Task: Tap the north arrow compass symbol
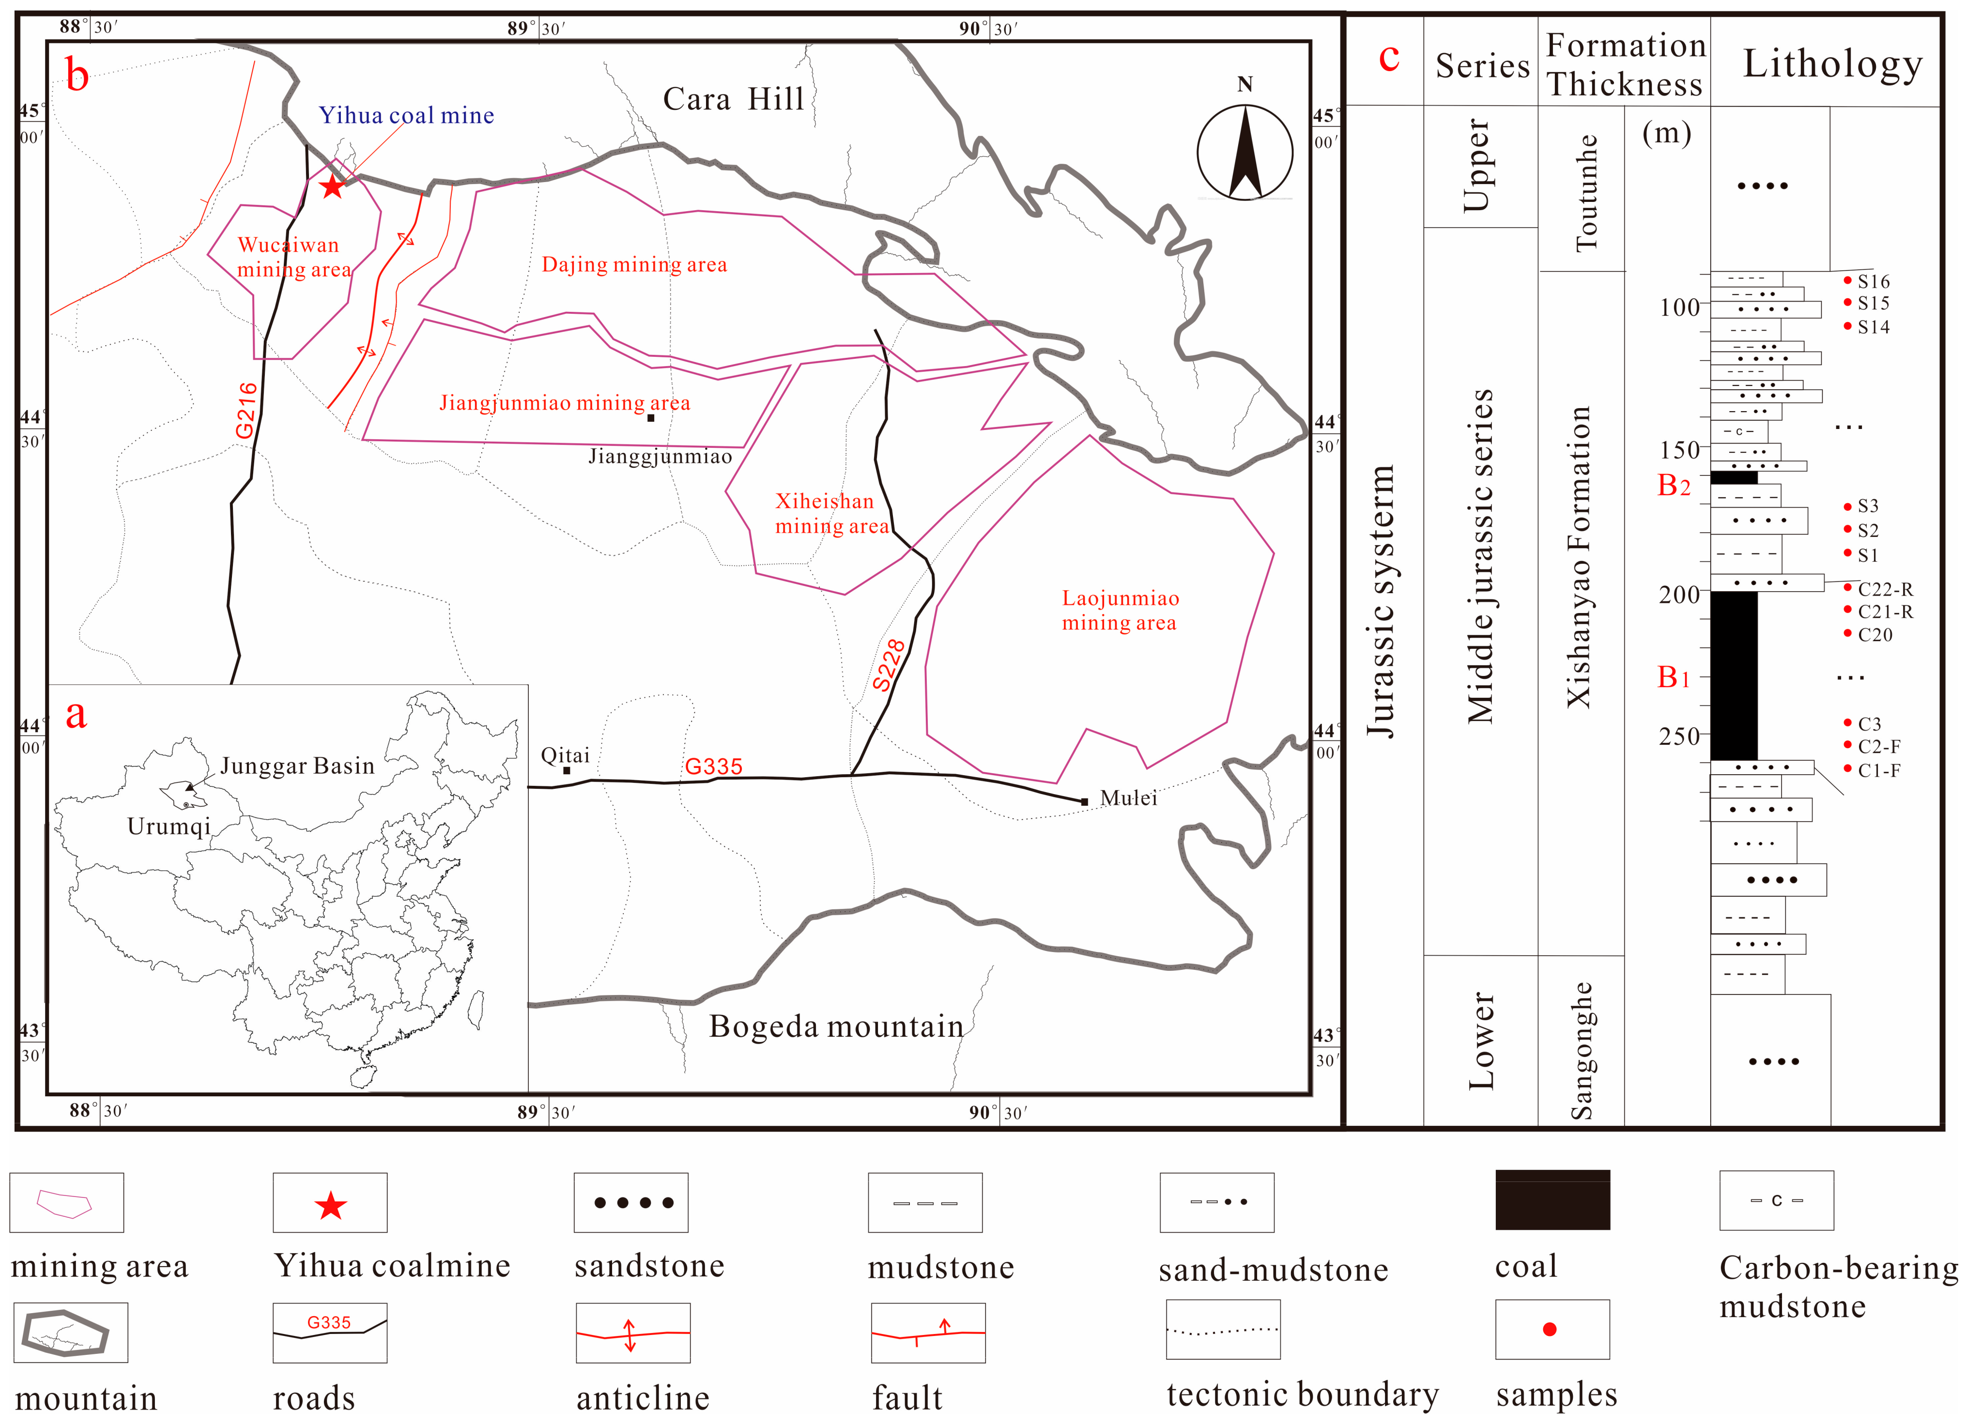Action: coord(1245,153)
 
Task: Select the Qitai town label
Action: coord(565,755)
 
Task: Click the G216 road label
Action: coord(246,410)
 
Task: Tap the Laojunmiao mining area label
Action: coord(1120,610)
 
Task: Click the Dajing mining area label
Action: coord(634,264)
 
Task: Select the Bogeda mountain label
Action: coord(836,1027)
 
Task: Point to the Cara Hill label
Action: coord(733,99)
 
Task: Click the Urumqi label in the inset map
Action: coord(169,826)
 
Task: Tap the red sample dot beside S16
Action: coord(1847,280)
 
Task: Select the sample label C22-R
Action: coord(1886,589)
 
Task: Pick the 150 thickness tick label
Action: coord(1679,450)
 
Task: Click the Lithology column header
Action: coord(1832,63)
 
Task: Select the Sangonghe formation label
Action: coord(1582,1051)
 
